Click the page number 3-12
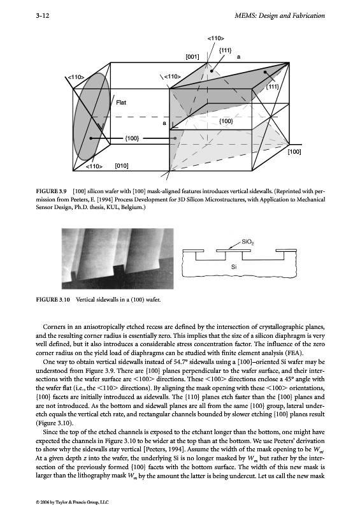pos(42,15)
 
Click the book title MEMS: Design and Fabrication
pos(279,15)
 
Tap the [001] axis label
pos(192,57)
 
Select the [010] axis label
pos(122,166)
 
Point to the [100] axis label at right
pos(294,152)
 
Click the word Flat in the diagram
pos(121,103)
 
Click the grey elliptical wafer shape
pos(91,119)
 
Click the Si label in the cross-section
pos(234,267)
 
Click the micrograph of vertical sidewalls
pos(118,259)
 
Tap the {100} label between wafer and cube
pos(132,138)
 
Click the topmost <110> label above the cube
pos(215,38)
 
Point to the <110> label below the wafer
pos(94,166)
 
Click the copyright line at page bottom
pos(72,502)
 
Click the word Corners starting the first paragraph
pos(54,326)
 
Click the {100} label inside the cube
pos(226,121)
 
